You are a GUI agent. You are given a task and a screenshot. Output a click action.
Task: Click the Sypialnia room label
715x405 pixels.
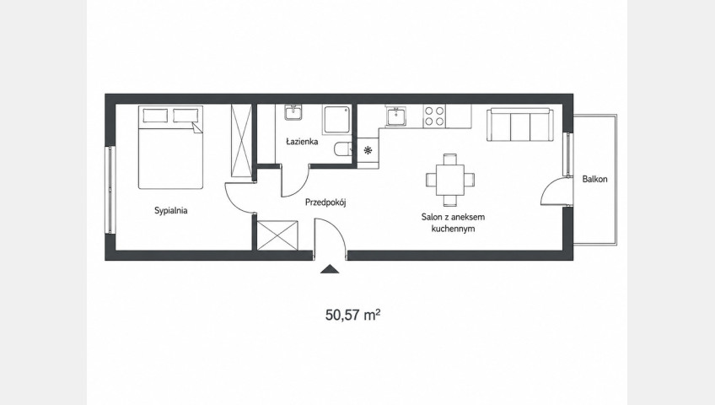(x=171, y=211)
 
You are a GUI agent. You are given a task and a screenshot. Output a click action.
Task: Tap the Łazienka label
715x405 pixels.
(x=302, y=142)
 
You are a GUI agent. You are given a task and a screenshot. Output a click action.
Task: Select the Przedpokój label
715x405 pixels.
(x=325, y=202)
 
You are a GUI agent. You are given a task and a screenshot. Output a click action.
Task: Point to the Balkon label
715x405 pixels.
(x=594, y=179)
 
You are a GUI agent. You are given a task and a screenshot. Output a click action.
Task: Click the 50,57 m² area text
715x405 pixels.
(x=353, y=315)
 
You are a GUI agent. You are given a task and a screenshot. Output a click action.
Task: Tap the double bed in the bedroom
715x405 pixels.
(x=170, y=148)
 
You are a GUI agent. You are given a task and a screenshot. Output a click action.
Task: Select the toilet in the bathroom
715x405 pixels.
(x=342, y=148)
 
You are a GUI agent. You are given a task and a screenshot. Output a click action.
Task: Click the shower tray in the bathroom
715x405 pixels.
(x=337, y=120)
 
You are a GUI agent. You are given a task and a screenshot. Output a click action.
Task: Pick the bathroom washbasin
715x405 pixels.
(x=293, y=112)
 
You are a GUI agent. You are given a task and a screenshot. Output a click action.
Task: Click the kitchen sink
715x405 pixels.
(x=395, y=116)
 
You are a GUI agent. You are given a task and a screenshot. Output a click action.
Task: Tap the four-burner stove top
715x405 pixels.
(x=434, y=116)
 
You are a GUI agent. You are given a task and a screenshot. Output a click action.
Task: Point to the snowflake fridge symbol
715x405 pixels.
(x=368, y=149)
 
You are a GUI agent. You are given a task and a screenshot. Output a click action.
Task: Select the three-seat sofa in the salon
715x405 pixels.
(x=520, y=125)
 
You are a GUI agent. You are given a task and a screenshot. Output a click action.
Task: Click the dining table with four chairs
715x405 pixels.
(x=450, y=180)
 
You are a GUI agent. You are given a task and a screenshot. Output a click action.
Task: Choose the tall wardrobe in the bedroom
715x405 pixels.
(x=241, y=140)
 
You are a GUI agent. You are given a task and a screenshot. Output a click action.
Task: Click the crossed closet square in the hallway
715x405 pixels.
(x=277, y=235)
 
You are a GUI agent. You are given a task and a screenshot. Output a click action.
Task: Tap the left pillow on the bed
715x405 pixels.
(x=155, y=116)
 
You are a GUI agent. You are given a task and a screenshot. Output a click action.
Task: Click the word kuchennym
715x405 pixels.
(x=453, y=229)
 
